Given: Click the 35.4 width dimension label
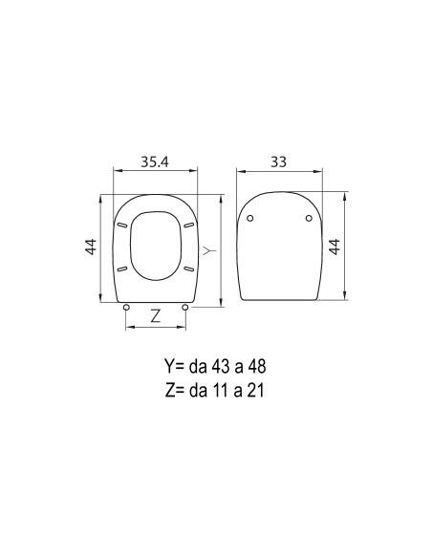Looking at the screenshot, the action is point(155,161).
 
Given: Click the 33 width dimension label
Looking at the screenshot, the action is point(278,161).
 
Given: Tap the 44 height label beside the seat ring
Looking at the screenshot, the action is point(91,247).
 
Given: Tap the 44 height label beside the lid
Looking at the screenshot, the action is point(335,247).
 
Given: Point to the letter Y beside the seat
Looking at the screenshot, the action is point(209,251).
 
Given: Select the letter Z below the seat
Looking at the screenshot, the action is point(156,316).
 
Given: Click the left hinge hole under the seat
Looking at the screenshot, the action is point(126,307).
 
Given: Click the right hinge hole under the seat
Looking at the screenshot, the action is point(185,307).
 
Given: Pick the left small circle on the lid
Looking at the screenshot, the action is point(250,218).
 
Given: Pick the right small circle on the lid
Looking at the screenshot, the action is point(309,218).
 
